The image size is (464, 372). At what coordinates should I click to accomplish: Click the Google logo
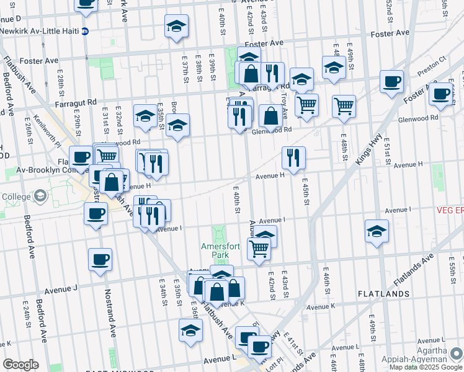click(x=20, y=365)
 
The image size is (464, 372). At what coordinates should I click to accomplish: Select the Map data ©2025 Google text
click(x=426, y=367)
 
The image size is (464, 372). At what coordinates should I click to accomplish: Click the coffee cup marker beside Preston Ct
click(x=391, y=82)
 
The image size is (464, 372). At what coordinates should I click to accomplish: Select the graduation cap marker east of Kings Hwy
click(x=377, y=231)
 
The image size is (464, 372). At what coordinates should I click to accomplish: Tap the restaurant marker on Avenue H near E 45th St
click(x=293, y=157)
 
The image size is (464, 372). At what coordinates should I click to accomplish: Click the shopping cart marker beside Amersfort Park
click(x=258, y=249)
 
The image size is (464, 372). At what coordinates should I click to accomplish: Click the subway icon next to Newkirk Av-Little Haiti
click(x=85, y=30)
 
